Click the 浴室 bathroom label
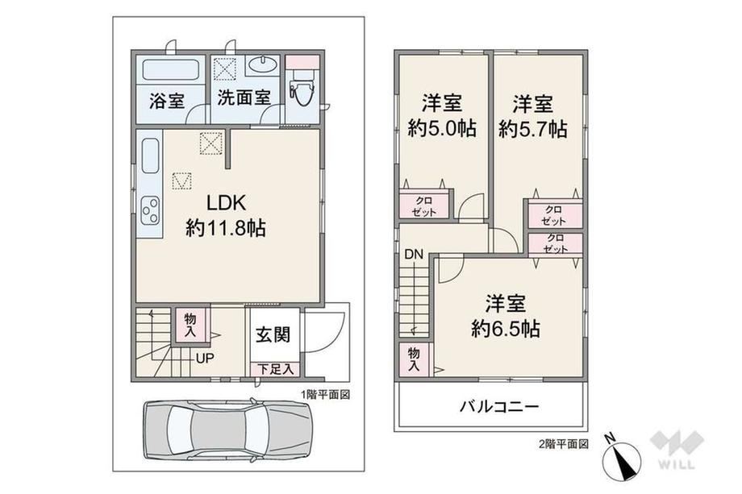point(167,100)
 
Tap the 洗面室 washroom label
point(244,98)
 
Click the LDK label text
point(227,203)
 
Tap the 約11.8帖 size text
point(225,228)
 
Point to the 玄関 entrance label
point(273,334)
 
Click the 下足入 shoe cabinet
point(275,369)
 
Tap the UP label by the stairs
point(205,358)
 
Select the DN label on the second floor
point(413,255)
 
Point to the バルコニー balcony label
point(499,407)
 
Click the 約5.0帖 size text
point(442,129)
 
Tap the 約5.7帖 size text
point(533,129)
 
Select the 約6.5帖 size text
point(506,329)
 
